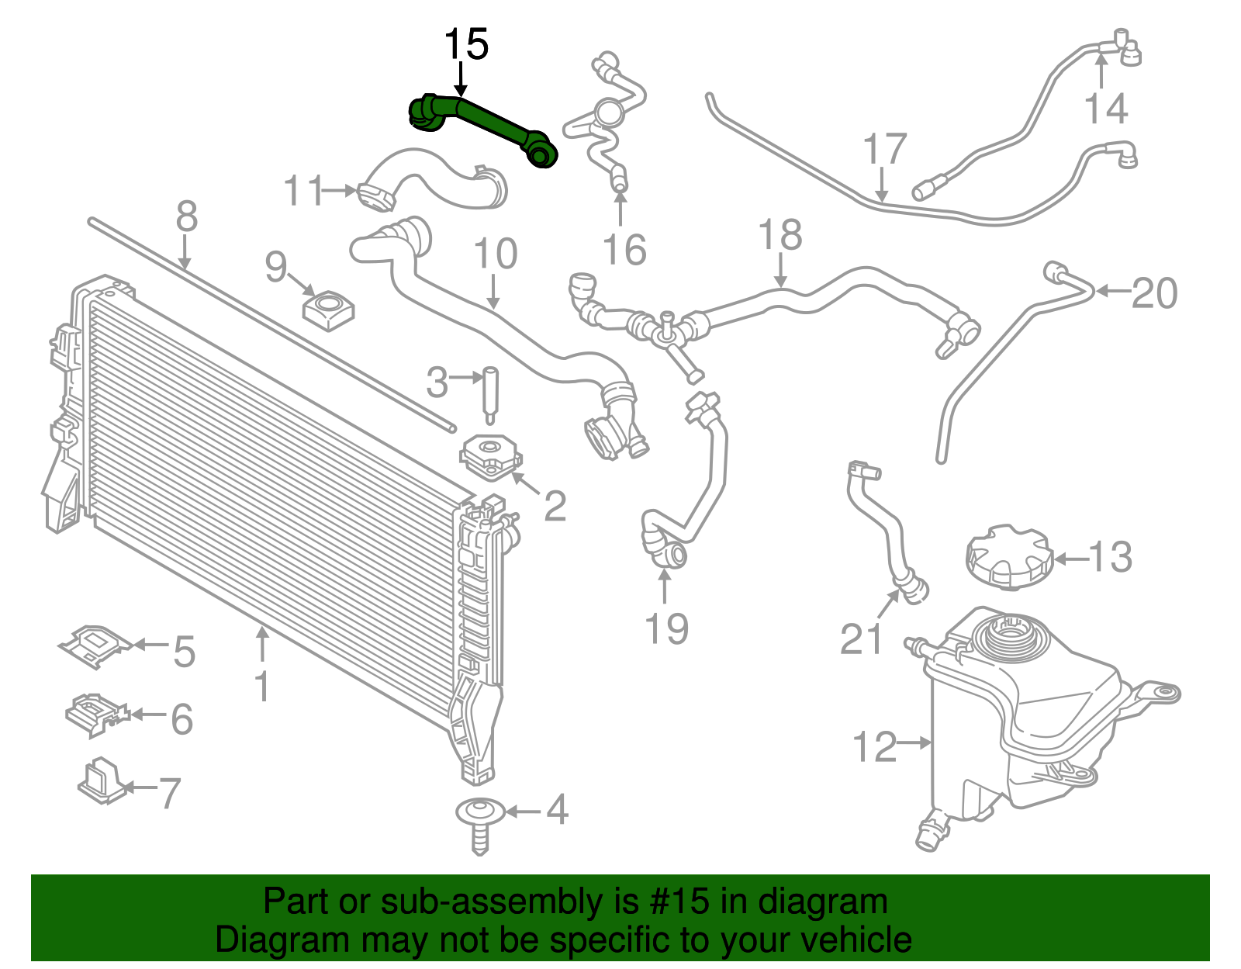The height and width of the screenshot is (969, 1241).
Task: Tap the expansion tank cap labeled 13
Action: (1008, 557)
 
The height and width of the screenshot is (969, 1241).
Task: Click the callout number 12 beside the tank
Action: (874, 746)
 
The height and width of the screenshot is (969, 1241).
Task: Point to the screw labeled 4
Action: (479, 825)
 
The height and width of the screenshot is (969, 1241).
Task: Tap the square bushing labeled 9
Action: (328, 311)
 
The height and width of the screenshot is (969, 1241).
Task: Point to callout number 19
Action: (666, 628)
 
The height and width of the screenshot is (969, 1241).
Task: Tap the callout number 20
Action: (1153, 293)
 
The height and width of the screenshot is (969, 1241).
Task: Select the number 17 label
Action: (884, 149)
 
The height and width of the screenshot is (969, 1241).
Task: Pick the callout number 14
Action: (1105, 108)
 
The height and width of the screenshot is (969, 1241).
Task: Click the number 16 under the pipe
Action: (624, 250)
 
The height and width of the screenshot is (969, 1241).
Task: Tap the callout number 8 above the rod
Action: (186, 216)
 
